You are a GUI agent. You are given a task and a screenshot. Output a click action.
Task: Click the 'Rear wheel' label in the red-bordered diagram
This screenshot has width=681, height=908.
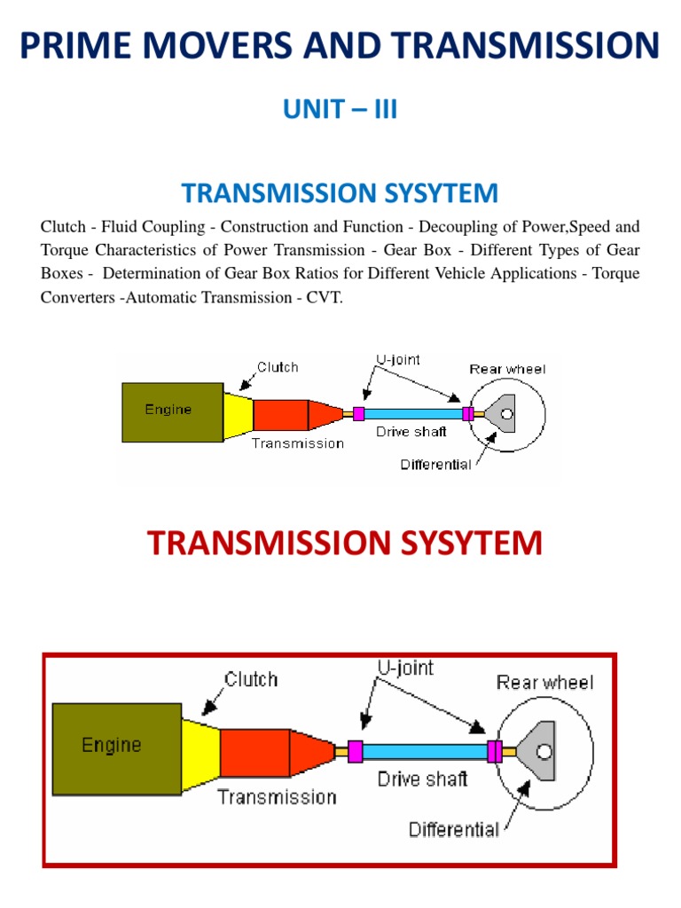coord(544,682)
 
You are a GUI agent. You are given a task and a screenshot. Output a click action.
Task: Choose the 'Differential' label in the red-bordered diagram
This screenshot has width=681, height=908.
coord(453,830)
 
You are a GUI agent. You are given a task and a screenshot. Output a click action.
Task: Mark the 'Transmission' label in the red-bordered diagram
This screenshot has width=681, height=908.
coord(277,796)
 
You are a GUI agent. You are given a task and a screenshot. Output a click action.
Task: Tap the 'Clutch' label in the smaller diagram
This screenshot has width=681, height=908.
coord(278,367)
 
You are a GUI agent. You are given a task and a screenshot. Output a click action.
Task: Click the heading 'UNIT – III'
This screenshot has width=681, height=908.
coord(340,110)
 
